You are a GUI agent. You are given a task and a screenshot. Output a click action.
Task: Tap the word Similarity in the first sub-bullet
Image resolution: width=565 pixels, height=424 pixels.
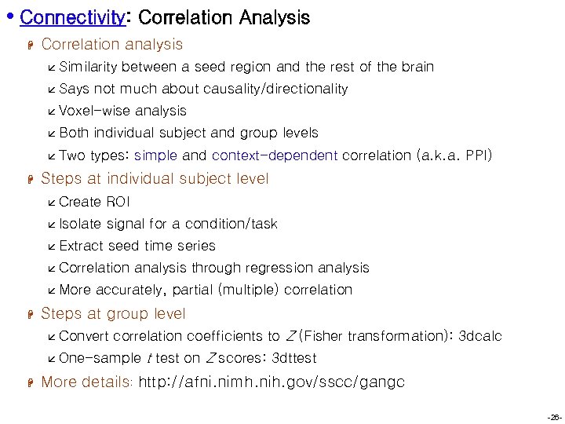pyautogui.click(x=89, y=67)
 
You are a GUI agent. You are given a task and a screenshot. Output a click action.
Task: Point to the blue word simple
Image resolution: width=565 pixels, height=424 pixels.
pyautogui.click(x=155, y=155)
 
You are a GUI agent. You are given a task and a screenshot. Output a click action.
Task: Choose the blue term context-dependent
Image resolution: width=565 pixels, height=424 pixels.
pyautogui.click(x=275, y=155)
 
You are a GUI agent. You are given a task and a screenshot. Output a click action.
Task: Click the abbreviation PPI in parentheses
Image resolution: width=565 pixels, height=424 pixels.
pyautogui.click(x=476, y=155)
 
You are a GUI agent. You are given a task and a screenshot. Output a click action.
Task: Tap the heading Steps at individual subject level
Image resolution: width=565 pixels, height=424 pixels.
pyautogui.click(x=155, y=178)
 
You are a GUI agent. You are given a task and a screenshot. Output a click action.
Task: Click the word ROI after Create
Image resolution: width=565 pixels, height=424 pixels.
pyautogui.click(x=118, y=202)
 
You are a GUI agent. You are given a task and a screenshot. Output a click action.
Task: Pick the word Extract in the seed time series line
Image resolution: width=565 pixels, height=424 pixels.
pyautogui.click(x=82, y=246)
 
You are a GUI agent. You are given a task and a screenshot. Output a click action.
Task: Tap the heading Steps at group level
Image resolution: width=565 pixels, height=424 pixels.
pyautogui.click(x=113, y=313)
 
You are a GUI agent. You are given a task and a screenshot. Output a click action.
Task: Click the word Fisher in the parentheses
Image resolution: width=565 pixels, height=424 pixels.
pyautogui.click(x=323, y=336)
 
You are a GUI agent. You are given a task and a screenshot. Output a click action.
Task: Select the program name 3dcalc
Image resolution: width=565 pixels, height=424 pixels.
pyautogui.click(x=479, y=336)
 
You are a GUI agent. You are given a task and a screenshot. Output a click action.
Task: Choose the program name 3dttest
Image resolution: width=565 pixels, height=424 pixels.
pyautogui.click(x=293, y=358)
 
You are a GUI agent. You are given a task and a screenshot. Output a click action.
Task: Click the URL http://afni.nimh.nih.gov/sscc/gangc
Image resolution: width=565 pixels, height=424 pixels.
pyautogui.click(x=272, y=382)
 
